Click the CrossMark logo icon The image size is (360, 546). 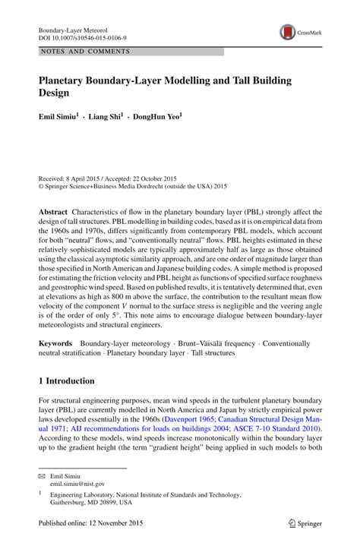pyautogui.click(x=288, y=32)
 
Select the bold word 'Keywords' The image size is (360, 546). pyautogui.click(x=57, y=343)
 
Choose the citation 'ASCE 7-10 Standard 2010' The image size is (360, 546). pyautogui.click(x=281, y=428)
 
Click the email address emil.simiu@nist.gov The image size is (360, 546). pyautogui.click(x=77, y=483)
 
